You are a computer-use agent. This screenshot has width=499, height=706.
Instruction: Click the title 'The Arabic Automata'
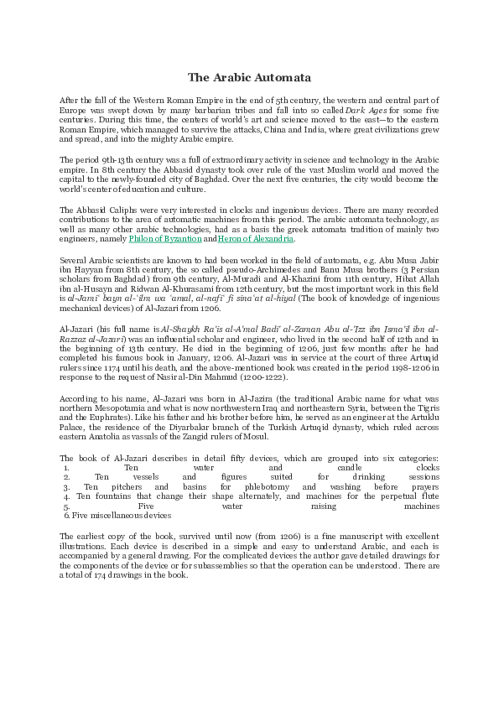click(249, 77)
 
